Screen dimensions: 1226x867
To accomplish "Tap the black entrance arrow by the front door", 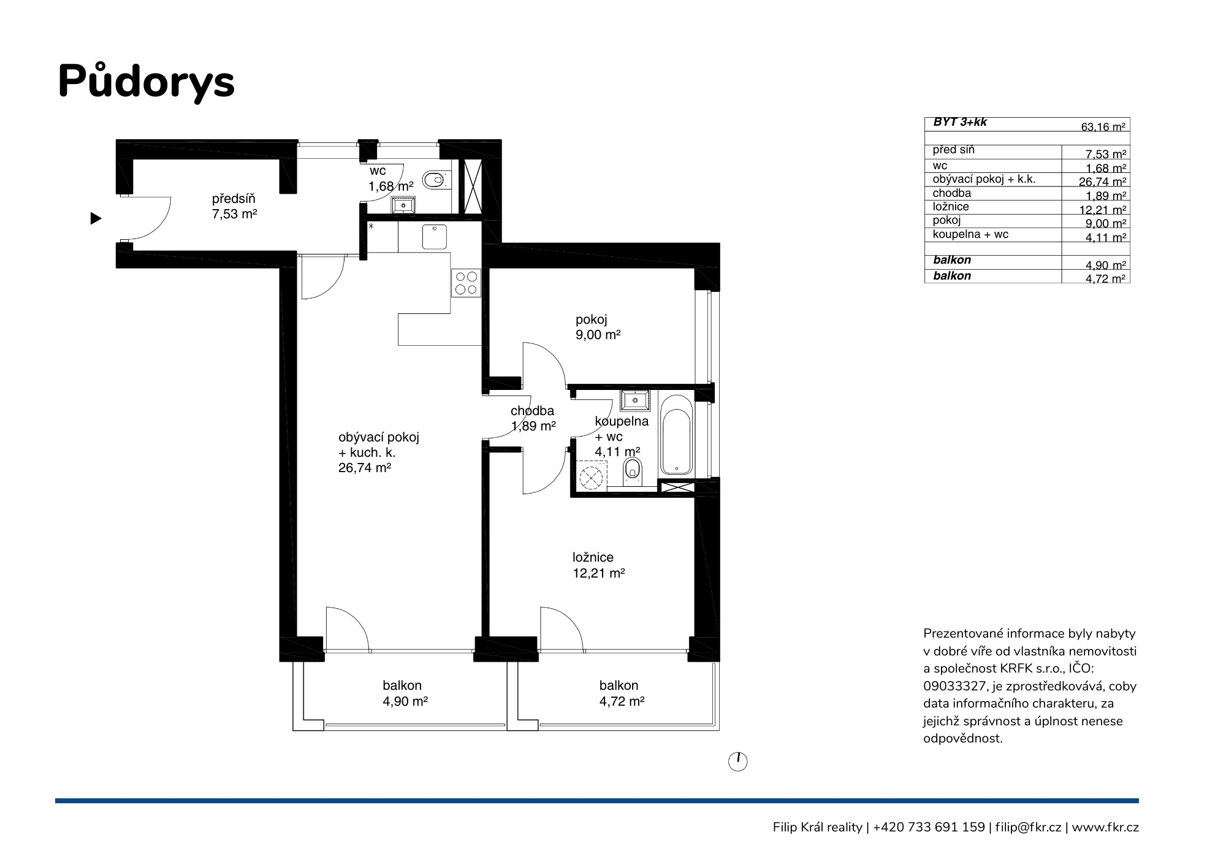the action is pos(96,218).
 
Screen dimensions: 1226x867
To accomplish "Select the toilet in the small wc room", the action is pos(435,180).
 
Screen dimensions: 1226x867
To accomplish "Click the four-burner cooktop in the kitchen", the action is pos(466,283).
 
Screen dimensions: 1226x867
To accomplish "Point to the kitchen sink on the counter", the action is pos(435,237).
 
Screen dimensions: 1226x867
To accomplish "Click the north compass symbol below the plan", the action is pos(738,762).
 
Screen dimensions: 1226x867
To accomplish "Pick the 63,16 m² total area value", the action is pos(1103,128).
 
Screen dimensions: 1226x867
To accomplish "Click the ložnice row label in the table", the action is pos(951,207).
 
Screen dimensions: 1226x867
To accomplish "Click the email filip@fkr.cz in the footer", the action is pos(1028,827).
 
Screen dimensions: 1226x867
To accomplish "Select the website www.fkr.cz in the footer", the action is pos(1105,828).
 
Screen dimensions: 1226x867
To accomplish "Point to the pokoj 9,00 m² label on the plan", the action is pos(598,327).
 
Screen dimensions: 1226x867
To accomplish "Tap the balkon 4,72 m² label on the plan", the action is pos(622,693).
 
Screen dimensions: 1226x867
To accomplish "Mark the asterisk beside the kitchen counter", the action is pos(371,227).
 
